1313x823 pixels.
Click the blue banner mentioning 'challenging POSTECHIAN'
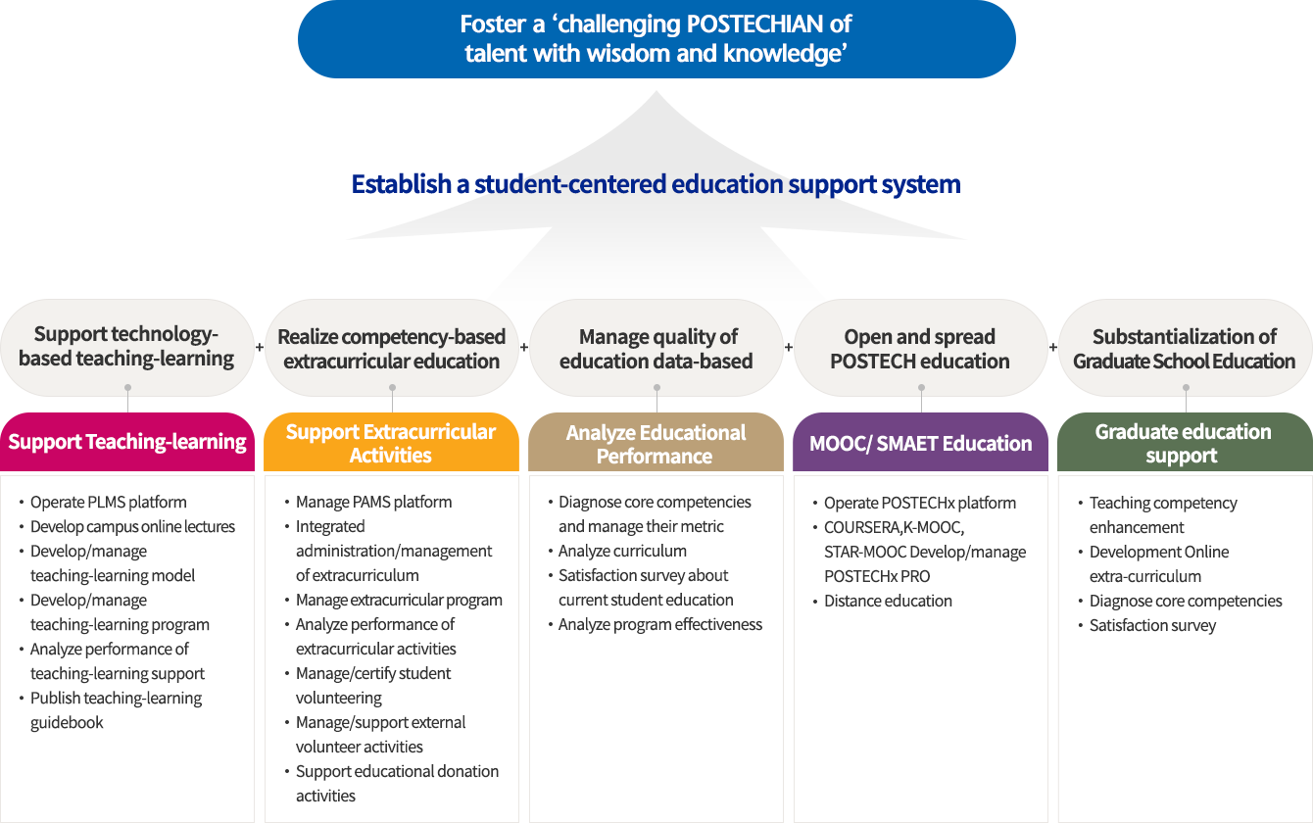656,39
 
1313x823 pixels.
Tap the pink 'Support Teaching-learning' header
127,442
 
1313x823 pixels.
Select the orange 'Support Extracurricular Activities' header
391,443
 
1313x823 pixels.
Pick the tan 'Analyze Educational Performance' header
656,444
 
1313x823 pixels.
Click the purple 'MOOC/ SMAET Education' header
920,443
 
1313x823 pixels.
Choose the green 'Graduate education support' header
1184,443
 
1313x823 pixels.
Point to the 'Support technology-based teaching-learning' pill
126,346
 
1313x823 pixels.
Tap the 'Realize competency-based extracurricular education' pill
392,349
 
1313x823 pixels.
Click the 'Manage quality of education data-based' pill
656,349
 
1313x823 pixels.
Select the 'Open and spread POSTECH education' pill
920,349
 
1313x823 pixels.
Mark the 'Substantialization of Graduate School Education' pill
1185,349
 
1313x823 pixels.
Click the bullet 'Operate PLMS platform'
108,502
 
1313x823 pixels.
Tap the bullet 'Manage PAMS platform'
373,502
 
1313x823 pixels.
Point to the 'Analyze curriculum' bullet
622,551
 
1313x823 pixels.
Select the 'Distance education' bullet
888,601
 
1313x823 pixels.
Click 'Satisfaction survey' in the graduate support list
1152,625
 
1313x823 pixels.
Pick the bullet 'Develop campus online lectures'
132,526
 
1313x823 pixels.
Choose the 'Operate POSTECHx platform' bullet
919,503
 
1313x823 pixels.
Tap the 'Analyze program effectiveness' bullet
659,624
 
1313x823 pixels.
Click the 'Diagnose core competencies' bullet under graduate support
1186,601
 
